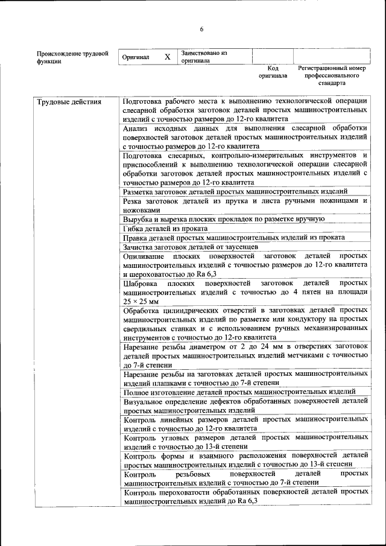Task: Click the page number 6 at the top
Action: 202,30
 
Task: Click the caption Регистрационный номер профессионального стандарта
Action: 332,76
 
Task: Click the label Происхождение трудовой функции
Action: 72,57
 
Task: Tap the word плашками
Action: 163,383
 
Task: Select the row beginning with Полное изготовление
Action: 239,392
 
